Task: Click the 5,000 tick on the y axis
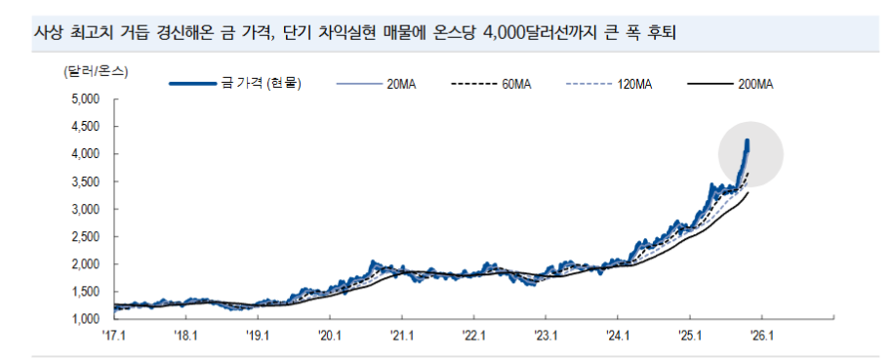coord(87,100)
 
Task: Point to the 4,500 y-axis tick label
coord(87,127)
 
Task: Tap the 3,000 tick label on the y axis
coord(87,209)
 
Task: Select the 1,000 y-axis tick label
coord(87,319)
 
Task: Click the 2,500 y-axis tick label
coord(87,237)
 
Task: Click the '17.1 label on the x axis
coord(114,335)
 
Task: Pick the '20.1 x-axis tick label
coord(330,335)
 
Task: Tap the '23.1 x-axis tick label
coord(546,335)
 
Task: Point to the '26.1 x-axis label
coord(761,335)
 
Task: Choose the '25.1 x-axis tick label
coord(689,335)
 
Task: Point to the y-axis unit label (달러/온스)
coord(96,70)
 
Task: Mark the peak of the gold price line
coord(748,141)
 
